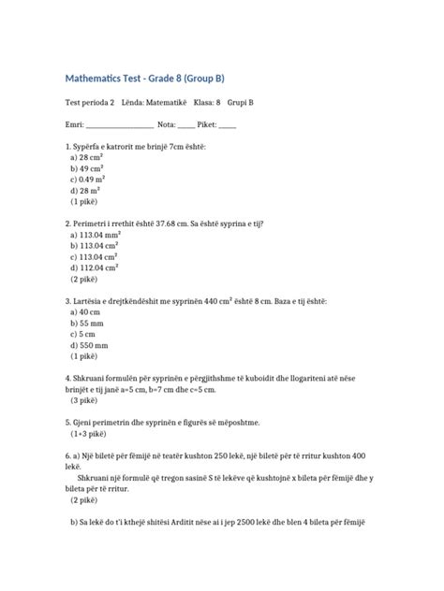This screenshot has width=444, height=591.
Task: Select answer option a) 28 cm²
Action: [x=87, y=158]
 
